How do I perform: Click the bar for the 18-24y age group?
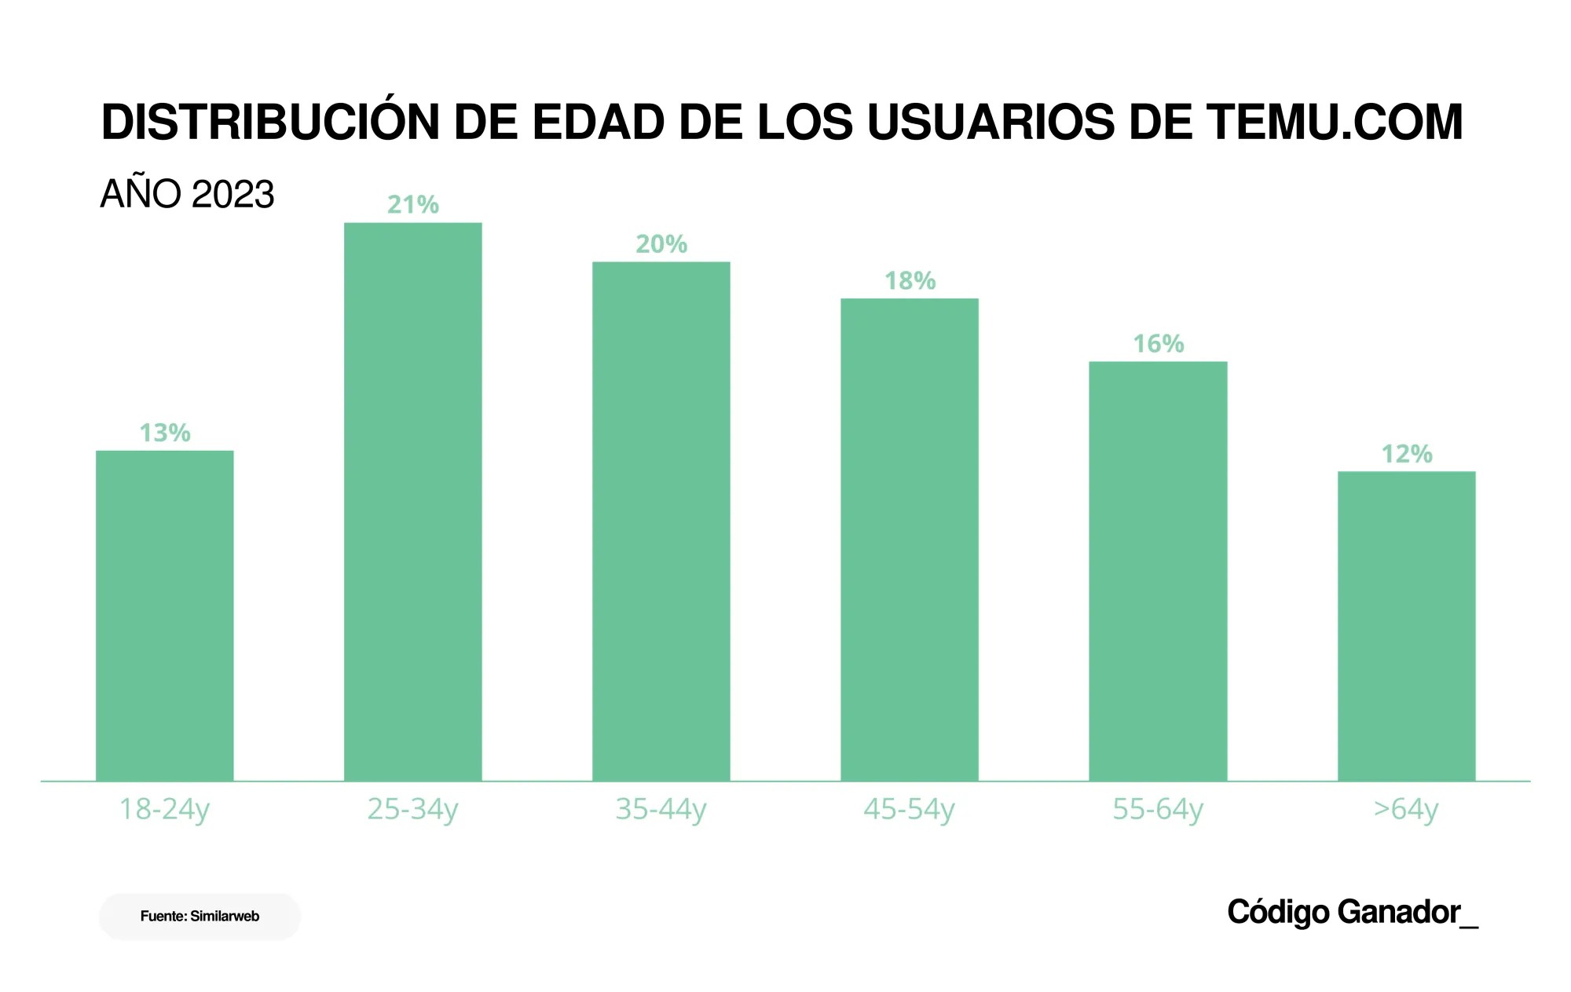(165, 616)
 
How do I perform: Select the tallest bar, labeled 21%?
(413, 503)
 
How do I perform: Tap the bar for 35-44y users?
(661, 522)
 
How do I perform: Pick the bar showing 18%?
(910, 540)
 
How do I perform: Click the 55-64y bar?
(1158, 571)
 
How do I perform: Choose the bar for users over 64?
(1406, 626)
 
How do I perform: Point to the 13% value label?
(165, 433)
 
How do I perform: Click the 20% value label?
(661, 244)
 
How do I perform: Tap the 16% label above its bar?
(1158, 344)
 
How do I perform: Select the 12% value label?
(1406, 454)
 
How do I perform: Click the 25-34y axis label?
(412, 809)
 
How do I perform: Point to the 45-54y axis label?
(909, 809)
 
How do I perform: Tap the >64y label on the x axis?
(1405, 809)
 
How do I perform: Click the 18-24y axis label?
(164, 809)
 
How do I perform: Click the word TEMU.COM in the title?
(1335, 123)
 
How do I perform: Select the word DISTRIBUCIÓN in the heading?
(270, 123)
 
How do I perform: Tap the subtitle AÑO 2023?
(187, 194)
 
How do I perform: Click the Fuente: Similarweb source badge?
(200, 916)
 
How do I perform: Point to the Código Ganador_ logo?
(1352, 913)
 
